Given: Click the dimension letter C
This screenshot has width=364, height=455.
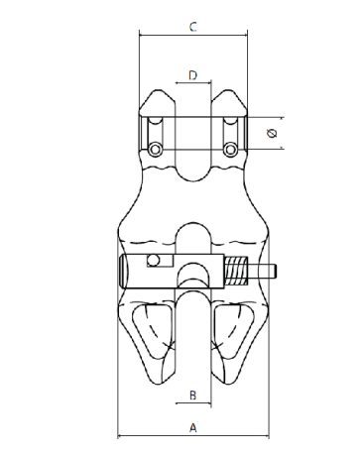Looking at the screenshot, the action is (193, 27).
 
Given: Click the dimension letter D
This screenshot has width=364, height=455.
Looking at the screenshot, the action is (192, 75).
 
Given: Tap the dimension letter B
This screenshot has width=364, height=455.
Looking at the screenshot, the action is (193, 396).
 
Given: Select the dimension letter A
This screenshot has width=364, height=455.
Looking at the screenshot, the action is (193, 427).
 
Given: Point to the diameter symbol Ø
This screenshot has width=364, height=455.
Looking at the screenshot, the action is (272, 133).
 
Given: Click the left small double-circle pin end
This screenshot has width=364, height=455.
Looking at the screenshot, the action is (155, 150).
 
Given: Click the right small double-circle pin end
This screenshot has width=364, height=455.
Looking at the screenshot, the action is (230, 150).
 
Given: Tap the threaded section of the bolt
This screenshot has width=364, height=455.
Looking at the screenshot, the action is (236, 271).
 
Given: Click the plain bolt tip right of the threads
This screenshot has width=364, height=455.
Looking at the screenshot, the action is (262, 272).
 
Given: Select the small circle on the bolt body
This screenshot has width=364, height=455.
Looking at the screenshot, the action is (153, 261).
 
